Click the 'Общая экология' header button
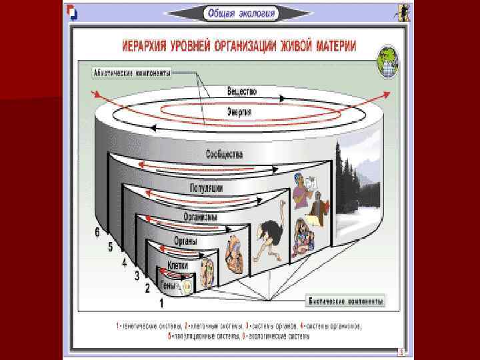tap(240, 13)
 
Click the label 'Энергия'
tap(239, 112)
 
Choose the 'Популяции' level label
tap(206, 189)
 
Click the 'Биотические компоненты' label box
tap(346, 301)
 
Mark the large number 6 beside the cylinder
tap(97, 232)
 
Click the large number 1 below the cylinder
tap(161, 303)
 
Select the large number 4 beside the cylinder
tap(124, 263)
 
